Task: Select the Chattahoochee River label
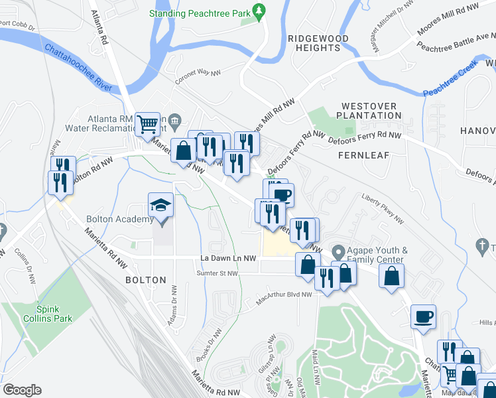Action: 77,66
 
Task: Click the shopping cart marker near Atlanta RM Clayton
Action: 149,123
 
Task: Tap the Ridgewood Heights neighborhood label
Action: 313,43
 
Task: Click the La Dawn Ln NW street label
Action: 228,258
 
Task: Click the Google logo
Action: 22,389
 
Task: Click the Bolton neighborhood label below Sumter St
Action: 145,280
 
